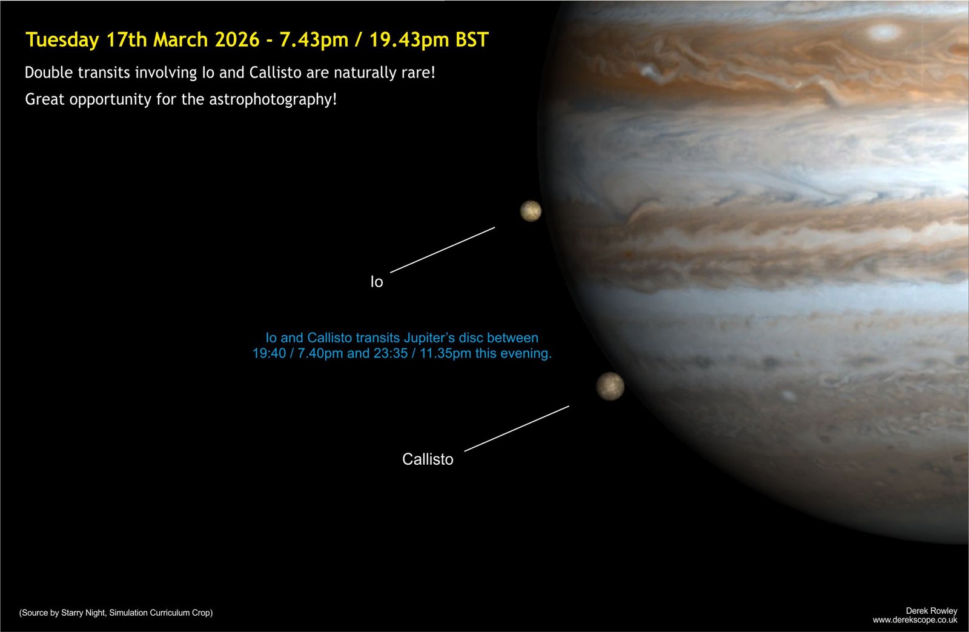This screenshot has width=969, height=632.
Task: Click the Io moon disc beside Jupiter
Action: click(531, 211)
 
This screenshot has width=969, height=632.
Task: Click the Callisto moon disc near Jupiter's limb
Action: click(610, 386)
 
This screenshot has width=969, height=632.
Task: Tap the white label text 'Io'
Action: click(377, 282)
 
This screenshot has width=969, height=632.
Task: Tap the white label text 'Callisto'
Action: click(428, 459)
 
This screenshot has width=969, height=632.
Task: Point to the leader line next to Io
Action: click(443, 250)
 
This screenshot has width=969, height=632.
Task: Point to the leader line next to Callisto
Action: click(517, 428)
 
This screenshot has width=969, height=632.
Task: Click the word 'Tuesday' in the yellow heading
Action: click(63, 40)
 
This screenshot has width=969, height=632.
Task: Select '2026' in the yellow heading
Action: click(237, 39)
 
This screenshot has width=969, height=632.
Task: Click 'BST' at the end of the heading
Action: click(472, 39)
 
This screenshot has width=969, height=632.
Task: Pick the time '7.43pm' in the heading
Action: click(314, 40)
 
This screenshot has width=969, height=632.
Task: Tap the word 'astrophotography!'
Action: click(273, 99)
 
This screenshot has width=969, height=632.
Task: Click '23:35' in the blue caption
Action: click(391, 353)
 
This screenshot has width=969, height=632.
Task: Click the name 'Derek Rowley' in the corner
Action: click(931, 611)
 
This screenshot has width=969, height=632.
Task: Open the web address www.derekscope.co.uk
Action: click(915, 620)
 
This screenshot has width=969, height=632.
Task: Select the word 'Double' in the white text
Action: click(49, 72)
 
